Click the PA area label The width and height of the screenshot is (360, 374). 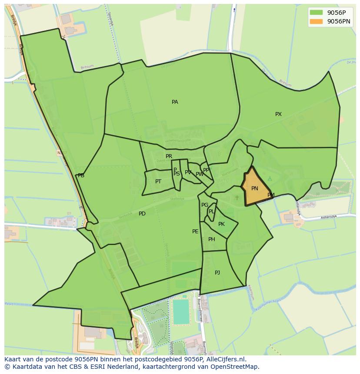[x=175, y=102]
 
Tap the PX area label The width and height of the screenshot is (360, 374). [x=278, y=114]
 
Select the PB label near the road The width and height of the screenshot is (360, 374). [x=81, y=175]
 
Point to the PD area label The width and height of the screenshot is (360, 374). [x=142, y=214]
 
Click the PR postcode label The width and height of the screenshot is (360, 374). [x=169, y=156]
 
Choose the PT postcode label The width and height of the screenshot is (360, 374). [x=158, y=182]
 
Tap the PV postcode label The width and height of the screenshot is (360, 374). [x=188, y=172]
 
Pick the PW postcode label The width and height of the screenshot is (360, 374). [x=200, y=174]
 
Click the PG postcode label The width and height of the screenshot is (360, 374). [x=205, y=205]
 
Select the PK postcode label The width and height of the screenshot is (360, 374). [x=221, y=224]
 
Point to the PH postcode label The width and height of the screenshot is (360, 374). [x=212, y=239]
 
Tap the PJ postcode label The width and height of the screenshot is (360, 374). [x=217, y=273]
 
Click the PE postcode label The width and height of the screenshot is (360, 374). [x=195, y=232]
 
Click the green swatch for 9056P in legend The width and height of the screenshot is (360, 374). [x=317, y=13]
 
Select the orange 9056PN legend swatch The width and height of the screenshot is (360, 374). [x=317, y=21]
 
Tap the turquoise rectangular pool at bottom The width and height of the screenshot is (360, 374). [x=181, y=312]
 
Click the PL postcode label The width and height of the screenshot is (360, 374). [x=212, y=212]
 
